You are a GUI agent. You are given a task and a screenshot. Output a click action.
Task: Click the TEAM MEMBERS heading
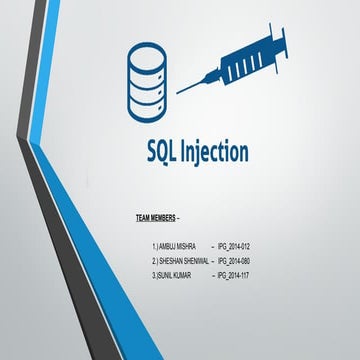159,216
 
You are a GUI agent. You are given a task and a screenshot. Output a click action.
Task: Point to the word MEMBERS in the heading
168,216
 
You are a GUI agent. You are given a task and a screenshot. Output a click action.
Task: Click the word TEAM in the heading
145,216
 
